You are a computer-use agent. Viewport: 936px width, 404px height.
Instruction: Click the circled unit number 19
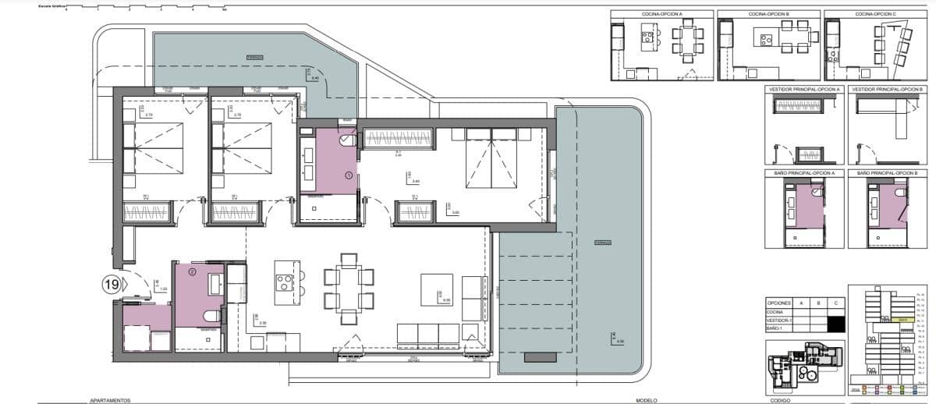click(111, 285)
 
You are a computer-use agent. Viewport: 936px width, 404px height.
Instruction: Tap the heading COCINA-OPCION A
click(661, 14)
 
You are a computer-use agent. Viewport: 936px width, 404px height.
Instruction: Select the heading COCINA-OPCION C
click(874, 14)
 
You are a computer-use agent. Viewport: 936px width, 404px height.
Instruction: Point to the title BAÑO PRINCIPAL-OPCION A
click(804, 172)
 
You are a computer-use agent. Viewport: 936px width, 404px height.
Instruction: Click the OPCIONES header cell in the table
click(780, 302)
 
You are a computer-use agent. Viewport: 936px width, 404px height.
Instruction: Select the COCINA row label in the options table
click(777, 311)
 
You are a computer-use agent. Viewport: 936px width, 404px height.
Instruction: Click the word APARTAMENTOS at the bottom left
click(110, 400)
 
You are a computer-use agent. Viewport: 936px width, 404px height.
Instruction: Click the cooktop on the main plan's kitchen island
click(285, 281)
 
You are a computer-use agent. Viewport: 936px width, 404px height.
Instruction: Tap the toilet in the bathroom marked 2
click(211, 316)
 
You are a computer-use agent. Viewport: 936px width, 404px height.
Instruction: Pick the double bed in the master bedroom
click(491, 160)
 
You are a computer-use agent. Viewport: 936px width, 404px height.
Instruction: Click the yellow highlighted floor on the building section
click(902, 320)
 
